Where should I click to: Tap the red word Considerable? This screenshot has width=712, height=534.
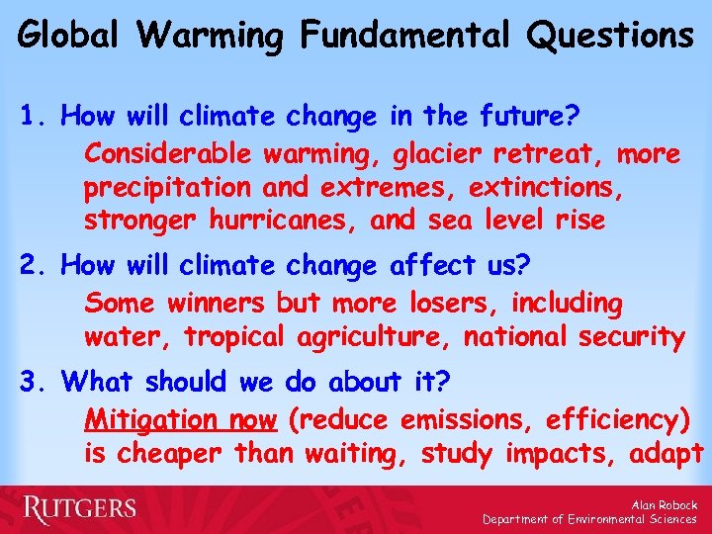(173, 154)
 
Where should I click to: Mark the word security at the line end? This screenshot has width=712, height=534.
(628, 337)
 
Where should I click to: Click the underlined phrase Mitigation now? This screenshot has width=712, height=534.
(180, 420)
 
